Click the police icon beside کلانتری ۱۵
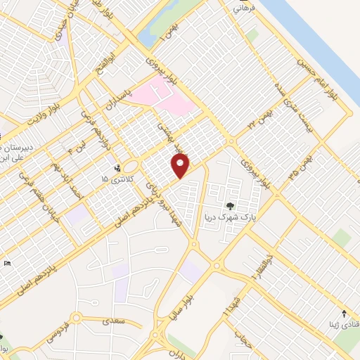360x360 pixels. [x=117, y=168]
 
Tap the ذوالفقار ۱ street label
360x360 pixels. [x=259, y=268]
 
